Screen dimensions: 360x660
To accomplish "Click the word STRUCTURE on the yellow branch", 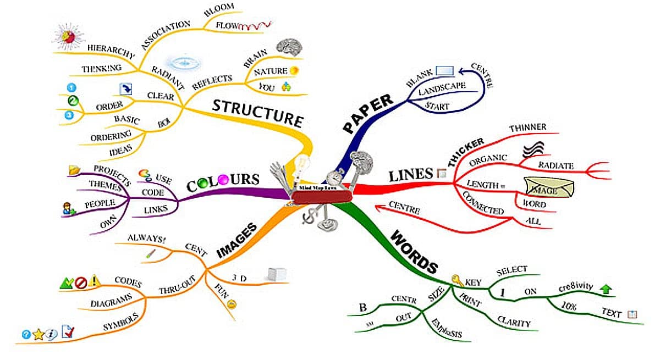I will pos(258,113).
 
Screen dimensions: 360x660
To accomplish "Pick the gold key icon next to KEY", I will pos(456,281).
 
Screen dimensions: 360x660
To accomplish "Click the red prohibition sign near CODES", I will pos(80,283).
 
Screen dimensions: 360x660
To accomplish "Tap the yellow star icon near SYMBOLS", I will pos(38,334).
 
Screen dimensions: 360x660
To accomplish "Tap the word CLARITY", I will pos(513,322).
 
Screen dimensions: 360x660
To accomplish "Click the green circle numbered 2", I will pos(71,101).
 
